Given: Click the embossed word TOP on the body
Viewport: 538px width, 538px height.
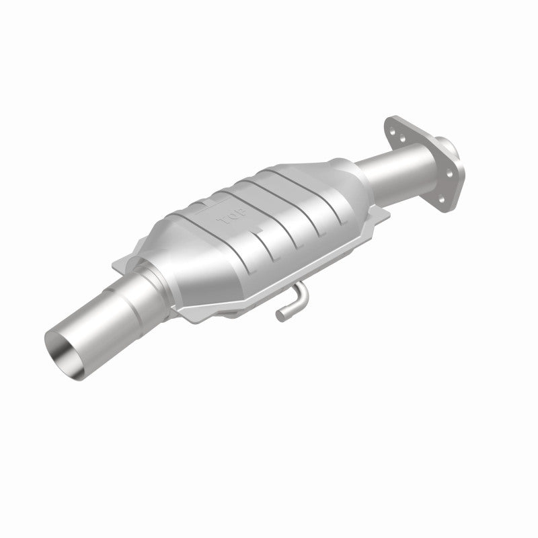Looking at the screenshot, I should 225,219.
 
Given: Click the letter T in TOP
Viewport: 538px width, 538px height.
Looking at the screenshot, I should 218,222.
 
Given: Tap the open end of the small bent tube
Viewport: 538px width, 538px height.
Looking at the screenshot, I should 280,313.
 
